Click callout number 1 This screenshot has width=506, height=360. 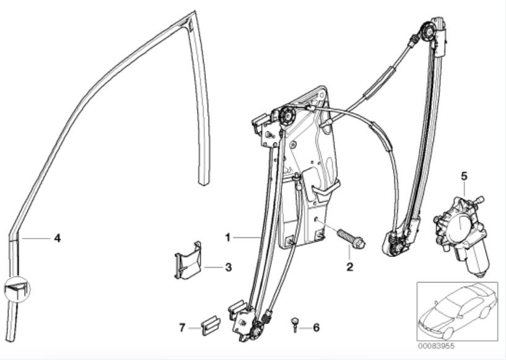pos(228,237)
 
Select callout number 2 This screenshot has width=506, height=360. pos(349,268)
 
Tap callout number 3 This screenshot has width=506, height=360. pos(228,268)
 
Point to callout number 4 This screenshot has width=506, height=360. pos(57,237)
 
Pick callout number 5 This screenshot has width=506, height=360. pos(464,176)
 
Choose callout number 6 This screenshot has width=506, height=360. pos(316,327)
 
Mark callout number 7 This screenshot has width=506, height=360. pos(183,327)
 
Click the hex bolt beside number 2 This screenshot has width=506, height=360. pos(351,239)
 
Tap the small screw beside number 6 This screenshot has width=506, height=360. pos(295,323)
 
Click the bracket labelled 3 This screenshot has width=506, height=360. pos(188,261)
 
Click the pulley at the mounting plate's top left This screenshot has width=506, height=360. pos(287,114)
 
